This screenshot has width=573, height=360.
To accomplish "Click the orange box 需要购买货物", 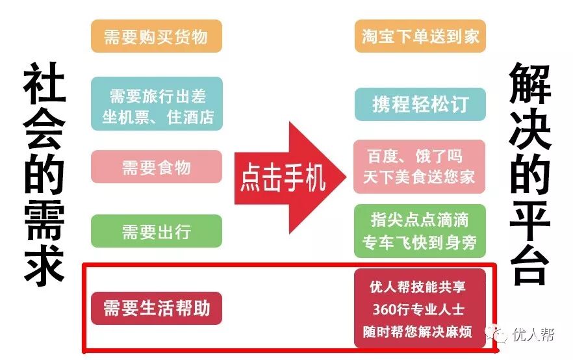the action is (x=157, y=36).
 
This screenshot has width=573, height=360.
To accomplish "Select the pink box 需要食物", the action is (x=157, y=167).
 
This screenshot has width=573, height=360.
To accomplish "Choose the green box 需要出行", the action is (x=157, y=231).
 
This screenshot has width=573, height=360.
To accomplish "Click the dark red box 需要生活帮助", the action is (x=157, y=308).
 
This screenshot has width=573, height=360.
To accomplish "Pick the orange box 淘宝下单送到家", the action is (x=420, y=36).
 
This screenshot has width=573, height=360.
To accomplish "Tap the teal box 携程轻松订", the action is (x=420, y=104).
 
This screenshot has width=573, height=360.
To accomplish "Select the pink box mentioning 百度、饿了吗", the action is (x=420, y=166).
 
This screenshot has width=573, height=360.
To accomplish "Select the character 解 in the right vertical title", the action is (x=530, y=84).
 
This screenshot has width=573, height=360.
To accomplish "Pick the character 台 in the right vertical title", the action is (x=530, y=263).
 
